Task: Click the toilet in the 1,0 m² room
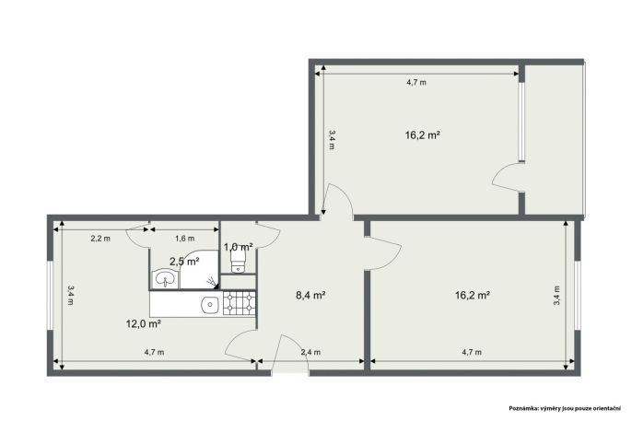point(238,261)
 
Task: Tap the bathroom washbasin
point(165,279)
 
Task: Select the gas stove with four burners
point(240,303)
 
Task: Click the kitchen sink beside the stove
point(210,304)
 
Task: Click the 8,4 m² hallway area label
point(310,296)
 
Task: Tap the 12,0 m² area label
point(144,323)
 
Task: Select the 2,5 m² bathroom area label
point(184,262)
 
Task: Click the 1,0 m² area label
point(239,246)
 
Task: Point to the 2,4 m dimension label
point(310,352)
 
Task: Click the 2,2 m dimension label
point(99,238)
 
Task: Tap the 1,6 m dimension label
point(184,238)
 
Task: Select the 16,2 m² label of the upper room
point(422,135)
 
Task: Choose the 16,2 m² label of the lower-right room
point(473,296)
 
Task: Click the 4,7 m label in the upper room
point(416,83)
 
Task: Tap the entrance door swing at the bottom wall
point(290,355)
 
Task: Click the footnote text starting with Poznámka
point(565,408)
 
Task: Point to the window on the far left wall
point(50,296)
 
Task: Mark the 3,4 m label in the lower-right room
point(556,296)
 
